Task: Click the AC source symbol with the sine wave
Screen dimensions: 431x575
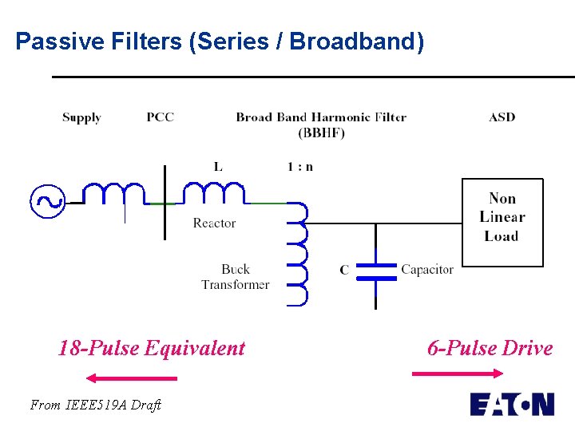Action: pyautogui.click(x=47, y=201)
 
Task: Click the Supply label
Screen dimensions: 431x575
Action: pyautogui.click(x=81, y=117)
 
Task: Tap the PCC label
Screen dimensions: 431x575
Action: pyautogui.click(x=160, y=117)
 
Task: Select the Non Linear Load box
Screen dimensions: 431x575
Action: pyautogui.click(x=502, y=221)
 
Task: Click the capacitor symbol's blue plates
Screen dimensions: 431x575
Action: pyautogui.click(x=375, y=271)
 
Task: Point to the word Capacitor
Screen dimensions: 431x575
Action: pyautogui.click(x=427, y=270)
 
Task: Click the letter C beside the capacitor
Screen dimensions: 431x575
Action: pyautogui.click(x=344, y=271)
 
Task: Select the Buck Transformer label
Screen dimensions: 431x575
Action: pyautogui.click(x=235, y=277)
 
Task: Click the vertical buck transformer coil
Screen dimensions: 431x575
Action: pyautogui.click(x=296, y=254)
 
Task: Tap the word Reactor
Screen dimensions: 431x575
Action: pyautogui.click(x=214, y=223)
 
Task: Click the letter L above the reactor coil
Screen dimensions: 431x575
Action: pyautogui.click(x=217, y=167)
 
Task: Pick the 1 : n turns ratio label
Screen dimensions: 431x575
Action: pyautogui.click(x=300, y=167)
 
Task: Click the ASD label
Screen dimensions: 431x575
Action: pyautogui.click(x=502, y=117)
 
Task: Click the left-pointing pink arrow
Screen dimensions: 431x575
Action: pyautogui.click(x=131, y=378)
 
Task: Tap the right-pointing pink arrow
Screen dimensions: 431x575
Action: pyautogui.click(x=458, y=373)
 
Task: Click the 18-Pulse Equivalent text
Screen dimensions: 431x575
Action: pyautogui.click(x=152, y=348)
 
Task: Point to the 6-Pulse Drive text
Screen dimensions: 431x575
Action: pyautogui.click(x=490, y=348)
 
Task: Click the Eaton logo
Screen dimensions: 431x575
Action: pyautogui.click(x=511, y=404)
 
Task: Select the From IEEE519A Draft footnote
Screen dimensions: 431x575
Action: pyautogui.click(x=95, y=405)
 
